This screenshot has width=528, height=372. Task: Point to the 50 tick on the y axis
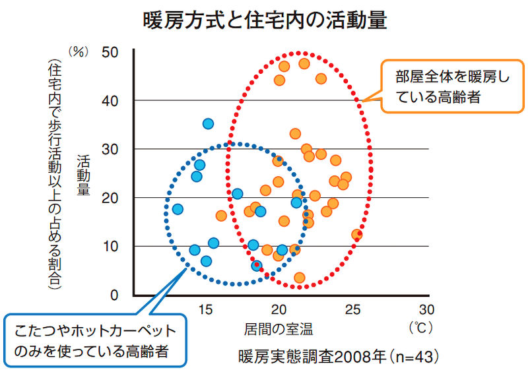tap(112, 52)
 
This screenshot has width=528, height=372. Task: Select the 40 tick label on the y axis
tap(112, 101)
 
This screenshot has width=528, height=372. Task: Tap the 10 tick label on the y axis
tap(112, 247)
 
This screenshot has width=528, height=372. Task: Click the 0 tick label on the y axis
tap(116, 295)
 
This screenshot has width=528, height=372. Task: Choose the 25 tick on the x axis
tap(354, 309)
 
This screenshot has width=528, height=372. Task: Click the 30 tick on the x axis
tap(428, 309)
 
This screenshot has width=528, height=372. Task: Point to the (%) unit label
tap(79, 53)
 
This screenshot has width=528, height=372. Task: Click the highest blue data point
tap(208, 123)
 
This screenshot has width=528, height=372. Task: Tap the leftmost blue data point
tap(178, 209)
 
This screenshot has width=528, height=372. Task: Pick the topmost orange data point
tap(304, 63)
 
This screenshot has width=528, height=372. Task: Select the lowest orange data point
tap(300, 278)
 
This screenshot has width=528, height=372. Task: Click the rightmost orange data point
tap(357, 234)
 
